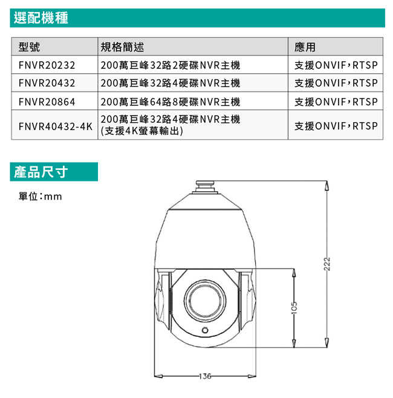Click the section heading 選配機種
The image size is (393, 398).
pyautogui.click(x=41, y=18)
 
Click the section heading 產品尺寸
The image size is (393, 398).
pyautogui.click(x=41, y=172)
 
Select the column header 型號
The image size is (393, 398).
pyautogui.click(x=30, y=47)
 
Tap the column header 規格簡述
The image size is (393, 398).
pyautogui.click(x=123, y=47)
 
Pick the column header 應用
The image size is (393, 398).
pyautogui.click(x=305, y=47)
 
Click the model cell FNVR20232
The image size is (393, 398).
pyautogui.click(x=47, y=65)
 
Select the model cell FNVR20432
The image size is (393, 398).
pyautogui.click(x=47, y=83)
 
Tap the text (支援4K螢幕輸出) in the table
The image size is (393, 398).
pyautogui.click(x=142, y=131)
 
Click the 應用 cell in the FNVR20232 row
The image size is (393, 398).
pyautogui.click(x=336, y=65)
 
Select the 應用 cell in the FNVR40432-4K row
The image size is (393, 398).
pyautogui.click(x=336, y=126)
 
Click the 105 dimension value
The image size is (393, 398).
pyautogui.click(x=294, y=307)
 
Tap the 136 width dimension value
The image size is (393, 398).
pyautogui.click(x=205, y=376)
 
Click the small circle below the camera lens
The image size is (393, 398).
pyautogui.click(x=206, y=330)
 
